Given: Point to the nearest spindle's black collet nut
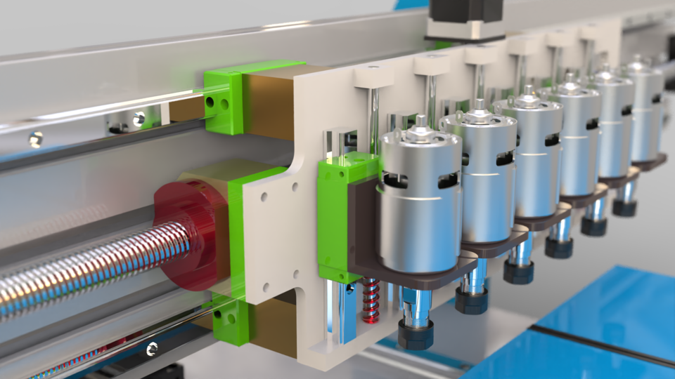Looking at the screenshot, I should (x=415, y=334).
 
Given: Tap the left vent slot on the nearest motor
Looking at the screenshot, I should (x=395, y=180).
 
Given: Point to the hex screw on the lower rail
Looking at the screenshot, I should (x=150, y=347).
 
